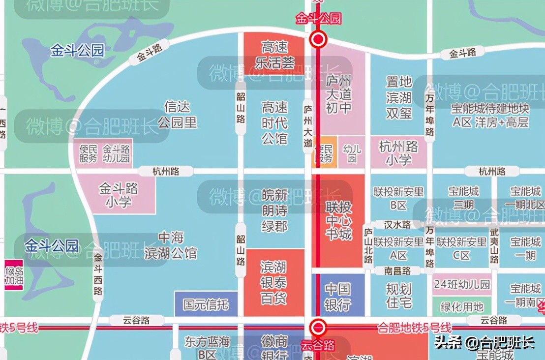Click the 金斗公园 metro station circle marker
318,39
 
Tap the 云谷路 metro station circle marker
318,327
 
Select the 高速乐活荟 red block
274,55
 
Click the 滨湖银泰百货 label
274,283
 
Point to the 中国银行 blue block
338,296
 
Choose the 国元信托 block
206,304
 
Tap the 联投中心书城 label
339,220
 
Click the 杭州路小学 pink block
399,152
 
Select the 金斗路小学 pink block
119,195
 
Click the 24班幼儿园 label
461,285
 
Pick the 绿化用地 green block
461,307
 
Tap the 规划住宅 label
398,295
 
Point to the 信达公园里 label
177,114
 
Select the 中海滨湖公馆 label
171,246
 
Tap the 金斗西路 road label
98,274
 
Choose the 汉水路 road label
398,225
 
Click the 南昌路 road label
397,270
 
